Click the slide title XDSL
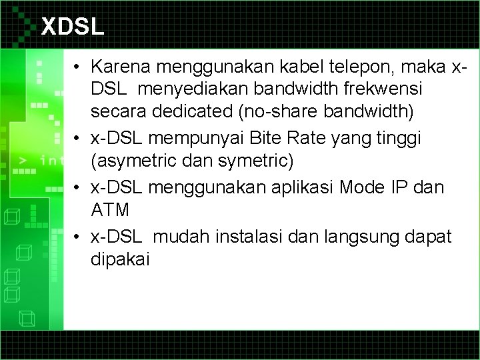[x=73, y=27]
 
